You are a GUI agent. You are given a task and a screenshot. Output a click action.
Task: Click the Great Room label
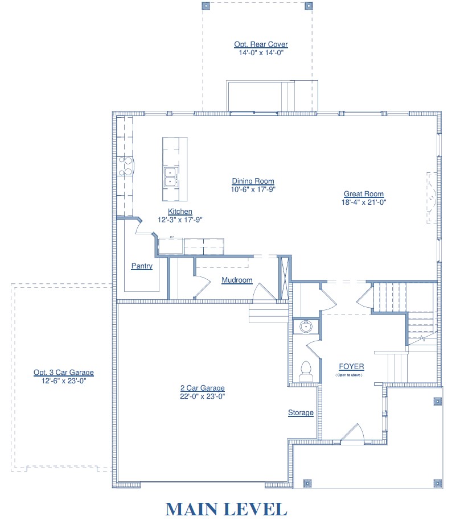coord(364,194)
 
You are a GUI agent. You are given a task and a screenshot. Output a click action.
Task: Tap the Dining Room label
coord(253,181)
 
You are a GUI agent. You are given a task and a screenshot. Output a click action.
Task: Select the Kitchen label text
coord(180,211)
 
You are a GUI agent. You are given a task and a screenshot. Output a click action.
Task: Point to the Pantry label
coord(142,266)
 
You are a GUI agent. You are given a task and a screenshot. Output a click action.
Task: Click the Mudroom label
coord(237,280)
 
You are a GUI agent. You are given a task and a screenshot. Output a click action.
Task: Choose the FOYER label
coord(351,366)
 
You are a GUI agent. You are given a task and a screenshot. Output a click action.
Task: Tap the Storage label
coord(301,412)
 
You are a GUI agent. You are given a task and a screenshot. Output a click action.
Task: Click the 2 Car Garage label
coord(203,388)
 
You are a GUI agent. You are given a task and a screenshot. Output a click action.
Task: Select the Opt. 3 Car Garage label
coord(64,373)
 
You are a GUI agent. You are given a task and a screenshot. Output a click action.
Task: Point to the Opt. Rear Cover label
coord(261,44)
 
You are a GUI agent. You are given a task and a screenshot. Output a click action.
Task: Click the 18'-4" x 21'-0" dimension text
coord(364,202)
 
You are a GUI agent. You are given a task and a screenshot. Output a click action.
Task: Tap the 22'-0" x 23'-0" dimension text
coord(203,396)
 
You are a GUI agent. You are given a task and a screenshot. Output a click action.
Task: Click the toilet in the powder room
coord(306,371)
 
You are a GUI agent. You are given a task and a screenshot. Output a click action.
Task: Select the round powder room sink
coord(306,326)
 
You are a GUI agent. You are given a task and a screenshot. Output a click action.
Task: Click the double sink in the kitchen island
coord(171,177)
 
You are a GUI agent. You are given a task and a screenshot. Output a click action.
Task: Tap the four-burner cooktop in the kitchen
coord(125,167)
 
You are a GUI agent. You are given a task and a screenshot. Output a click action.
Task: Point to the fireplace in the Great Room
coord(432,197)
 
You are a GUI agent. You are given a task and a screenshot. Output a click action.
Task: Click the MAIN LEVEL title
coord(226,509)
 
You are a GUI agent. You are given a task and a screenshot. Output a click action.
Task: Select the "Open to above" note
coord(349,375)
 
